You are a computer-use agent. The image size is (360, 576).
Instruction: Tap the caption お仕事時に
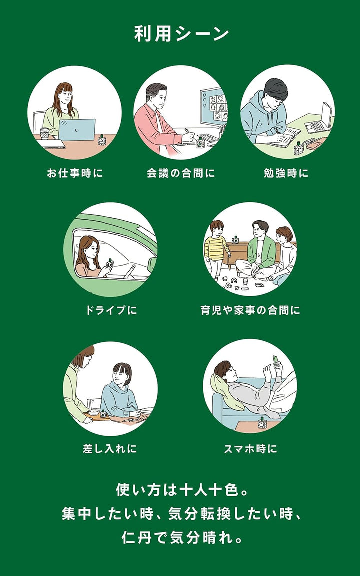(x=74, y=173)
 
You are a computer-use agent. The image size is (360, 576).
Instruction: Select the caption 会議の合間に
(x=180, y=173)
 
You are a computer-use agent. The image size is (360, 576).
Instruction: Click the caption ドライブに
(x=110, y=310)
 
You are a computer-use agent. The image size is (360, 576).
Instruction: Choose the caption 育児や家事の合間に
(x=250, y=310)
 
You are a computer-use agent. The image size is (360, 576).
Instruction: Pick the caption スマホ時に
(x=250, y=449)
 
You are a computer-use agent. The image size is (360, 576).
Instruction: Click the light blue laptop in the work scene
(x=77, y=130)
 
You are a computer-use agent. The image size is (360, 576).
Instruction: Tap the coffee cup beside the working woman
(x=44, y=133)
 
